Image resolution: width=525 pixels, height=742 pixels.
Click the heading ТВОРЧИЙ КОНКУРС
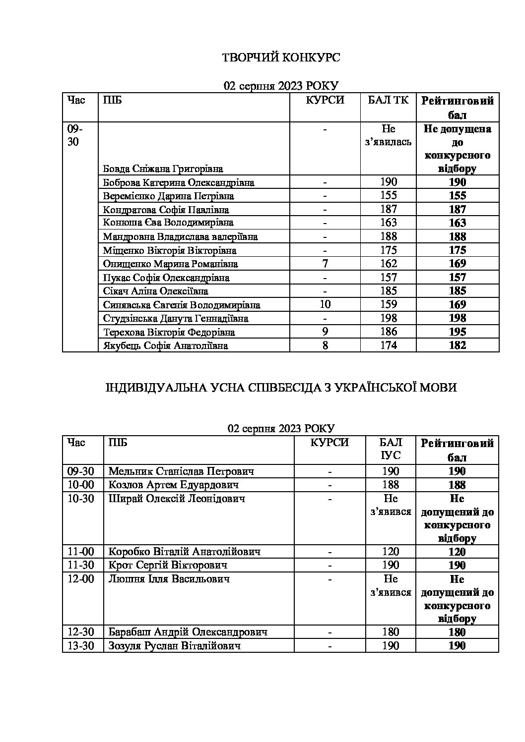tap(280, 58)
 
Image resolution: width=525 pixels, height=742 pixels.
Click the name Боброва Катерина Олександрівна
tap(179, 182)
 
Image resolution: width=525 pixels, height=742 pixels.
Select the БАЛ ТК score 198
tap(389, 318)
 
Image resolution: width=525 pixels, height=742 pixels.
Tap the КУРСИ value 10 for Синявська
tap(325, 304)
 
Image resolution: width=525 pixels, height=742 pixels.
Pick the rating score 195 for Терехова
tap(457, 332)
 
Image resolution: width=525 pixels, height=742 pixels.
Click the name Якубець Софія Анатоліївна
tap(166, 345)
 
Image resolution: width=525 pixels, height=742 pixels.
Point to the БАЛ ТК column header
tap(389, 101)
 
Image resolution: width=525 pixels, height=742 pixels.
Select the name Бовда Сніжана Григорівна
tap(163, 169)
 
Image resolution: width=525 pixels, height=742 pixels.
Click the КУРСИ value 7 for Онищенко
tap(325, 264)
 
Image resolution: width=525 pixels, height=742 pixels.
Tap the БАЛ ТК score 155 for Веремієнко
tap(389, 196)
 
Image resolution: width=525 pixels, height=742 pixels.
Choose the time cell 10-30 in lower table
tap(81, 499)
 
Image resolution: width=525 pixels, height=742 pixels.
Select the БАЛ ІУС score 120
tap(391, 552)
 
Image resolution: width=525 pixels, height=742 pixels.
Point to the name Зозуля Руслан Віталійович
tap(175, 646)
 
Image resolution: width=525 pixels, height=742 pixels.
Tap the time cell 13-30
tap(81, 646)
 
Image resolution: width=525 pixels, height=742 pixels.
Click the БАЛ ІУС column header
tap(391, 449)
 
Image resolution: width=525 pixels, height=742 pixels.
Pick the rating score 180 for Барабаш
tap(457, 632)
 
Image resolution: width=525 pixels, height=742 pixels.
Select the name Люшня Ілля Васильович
tap(169, 579)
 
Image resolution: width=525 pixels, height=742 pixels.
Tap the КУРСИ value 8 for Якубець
tap(325, 345)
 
